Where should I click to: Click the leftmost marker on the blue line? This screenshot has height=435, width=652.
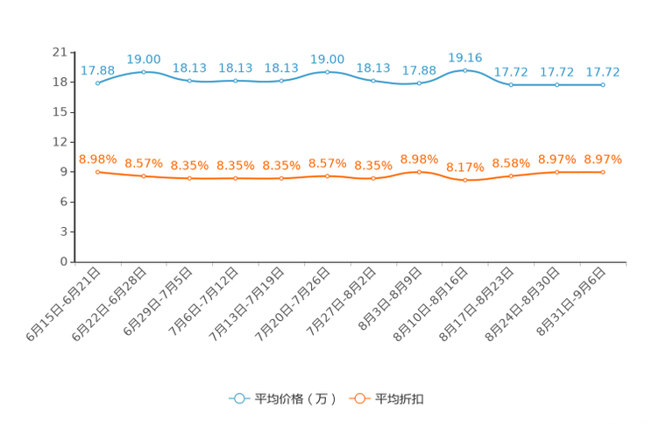coord(98,83)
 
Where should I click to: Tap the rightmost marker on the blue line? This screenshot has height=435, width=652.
coord(603,84)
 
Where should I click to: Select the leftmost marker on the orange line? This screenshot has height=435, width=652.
coord(98,172)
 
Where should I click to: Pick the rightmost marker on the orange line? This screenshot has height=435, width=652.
coord(603,173)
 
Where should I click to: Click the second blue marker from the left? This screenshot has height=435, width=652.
coord(144,72)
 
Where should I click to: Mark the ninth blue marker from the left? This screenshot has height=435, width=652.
coord(465,69)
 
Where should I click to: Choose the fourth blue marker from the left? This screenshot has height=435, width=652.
coord(236,81)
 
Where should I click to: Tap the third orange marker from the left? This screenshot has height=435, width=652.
coord(190,179)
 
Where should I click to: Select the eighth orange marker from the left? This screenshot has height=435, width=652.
coord(420,172)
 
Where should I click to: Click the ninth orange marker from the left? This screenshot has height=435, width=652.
coord(465,181)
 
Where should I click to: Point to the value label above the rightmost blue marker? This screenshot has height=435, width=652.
coord(603,71)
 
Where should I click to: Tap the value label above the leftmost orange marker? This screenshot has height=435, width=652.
coord(98,159)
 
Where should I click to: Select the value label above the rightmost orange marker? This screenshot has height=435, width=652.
coord(603,159)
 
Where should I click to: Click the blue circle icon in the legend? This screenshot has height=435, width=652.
coord(238,398)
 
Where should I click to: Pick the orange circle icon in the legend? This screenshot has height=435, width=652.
coord(358,398)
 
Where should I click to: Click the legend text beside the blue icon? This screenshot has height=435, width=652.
coord(294,399)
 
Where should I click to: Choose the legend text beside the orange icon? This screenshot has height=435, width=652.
coord(400,399)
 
